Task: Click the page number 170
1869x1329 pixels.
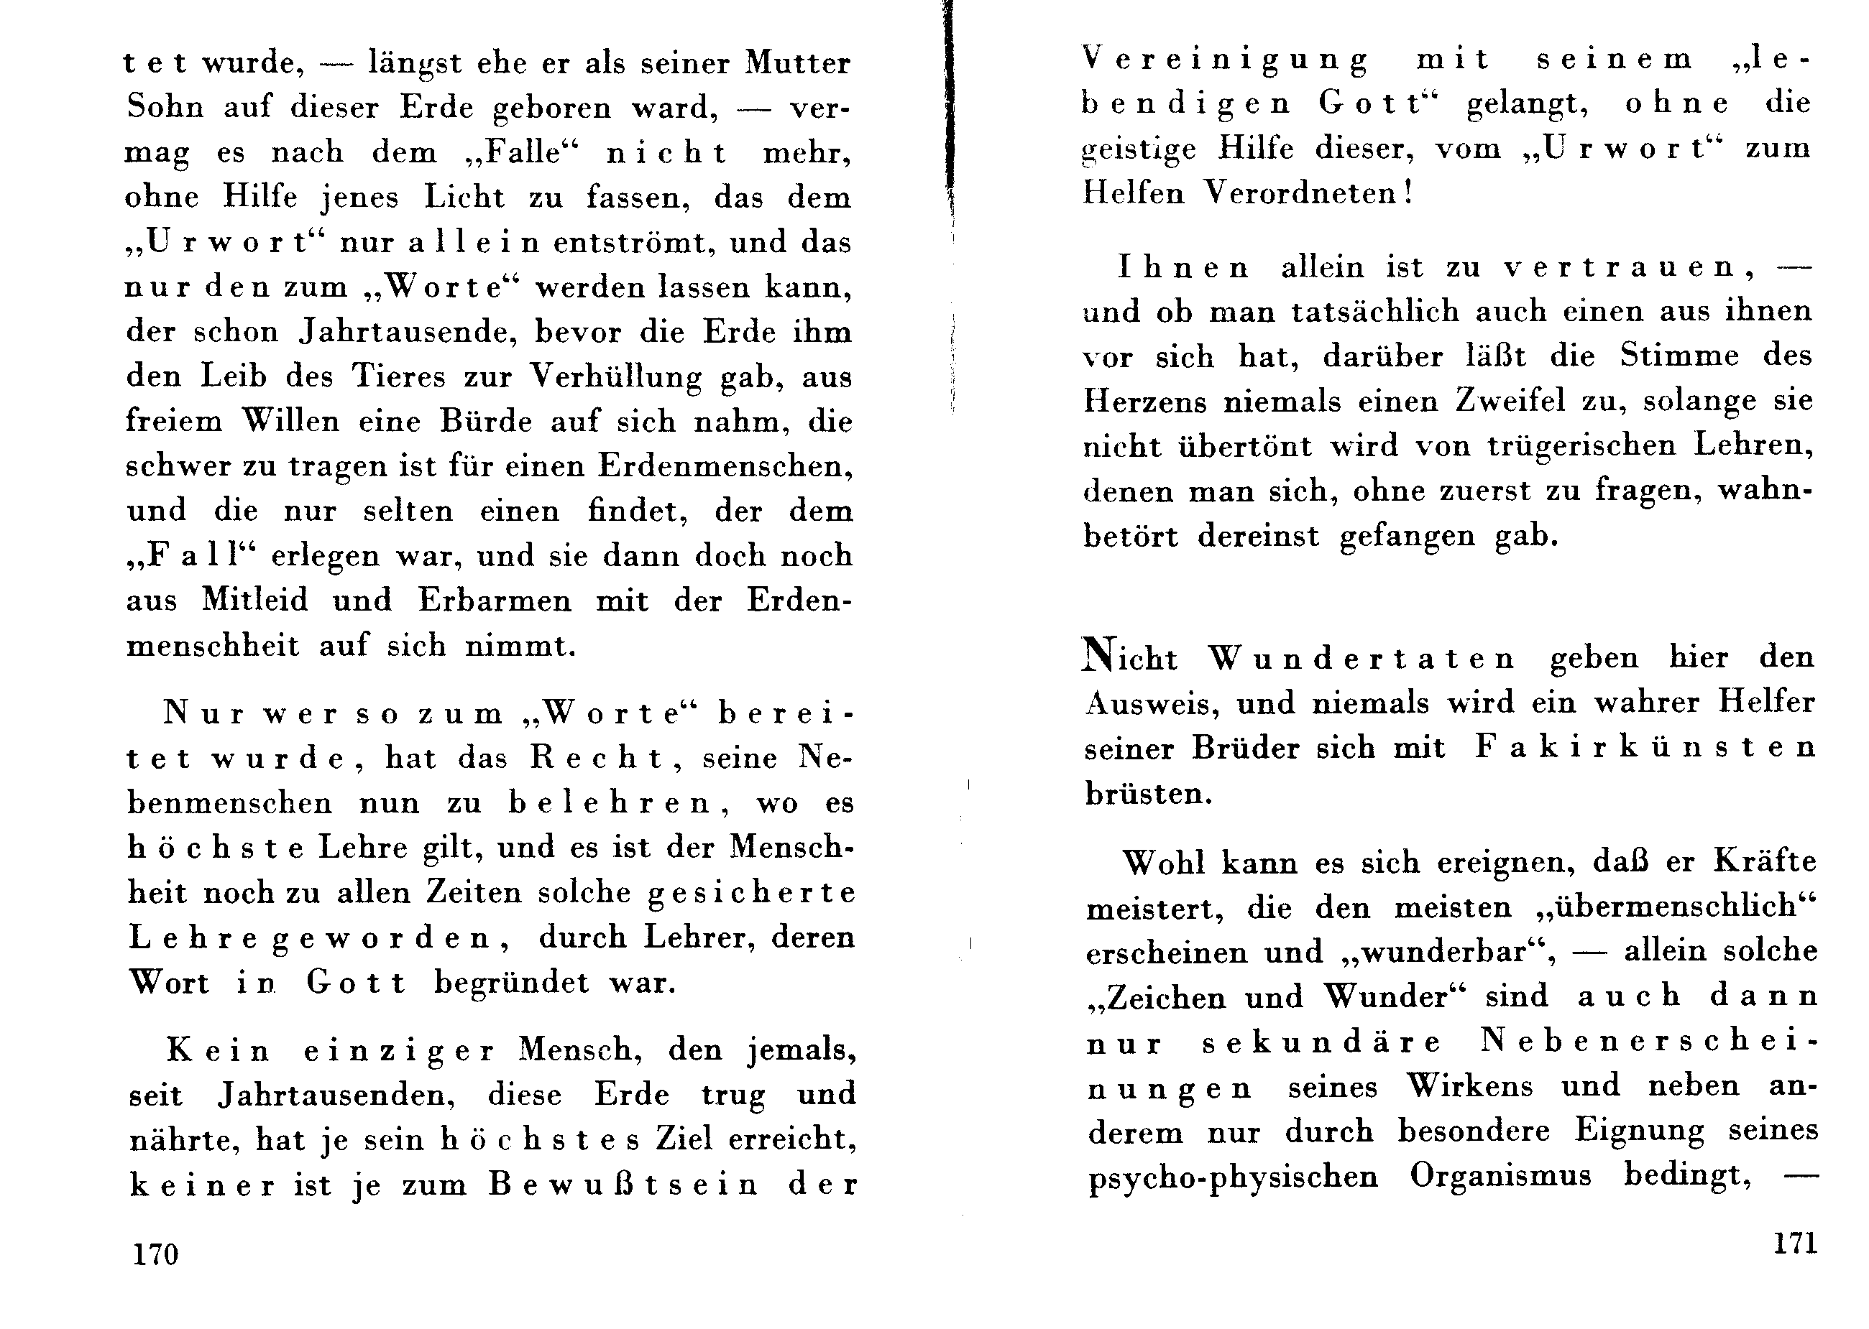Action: pos(155,1254)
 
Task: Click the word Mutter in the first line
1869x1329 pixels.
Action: pos(797,63)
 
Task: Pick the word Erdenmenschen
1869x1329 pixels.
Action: pos(725,466)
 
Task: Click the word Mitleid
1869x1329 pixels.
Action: pos(255,600)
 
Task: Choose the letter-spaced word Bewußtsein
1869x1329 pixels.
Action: pos(625,1184)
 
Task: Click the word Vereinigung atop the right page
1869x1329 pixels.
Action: pos(1225,60)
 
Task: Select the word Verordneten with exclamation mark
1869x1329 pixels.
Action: pos(1309,193)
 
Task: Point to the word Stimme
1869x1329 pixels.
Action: pos(1679,355)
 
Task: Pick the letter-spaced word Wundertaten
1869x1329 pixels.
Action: pos(1362,658)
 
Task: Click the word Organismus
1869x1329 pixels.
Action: pos(1501,1175)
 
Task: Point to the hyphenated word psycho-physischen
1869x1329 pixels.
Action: pos(1233,1177)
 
